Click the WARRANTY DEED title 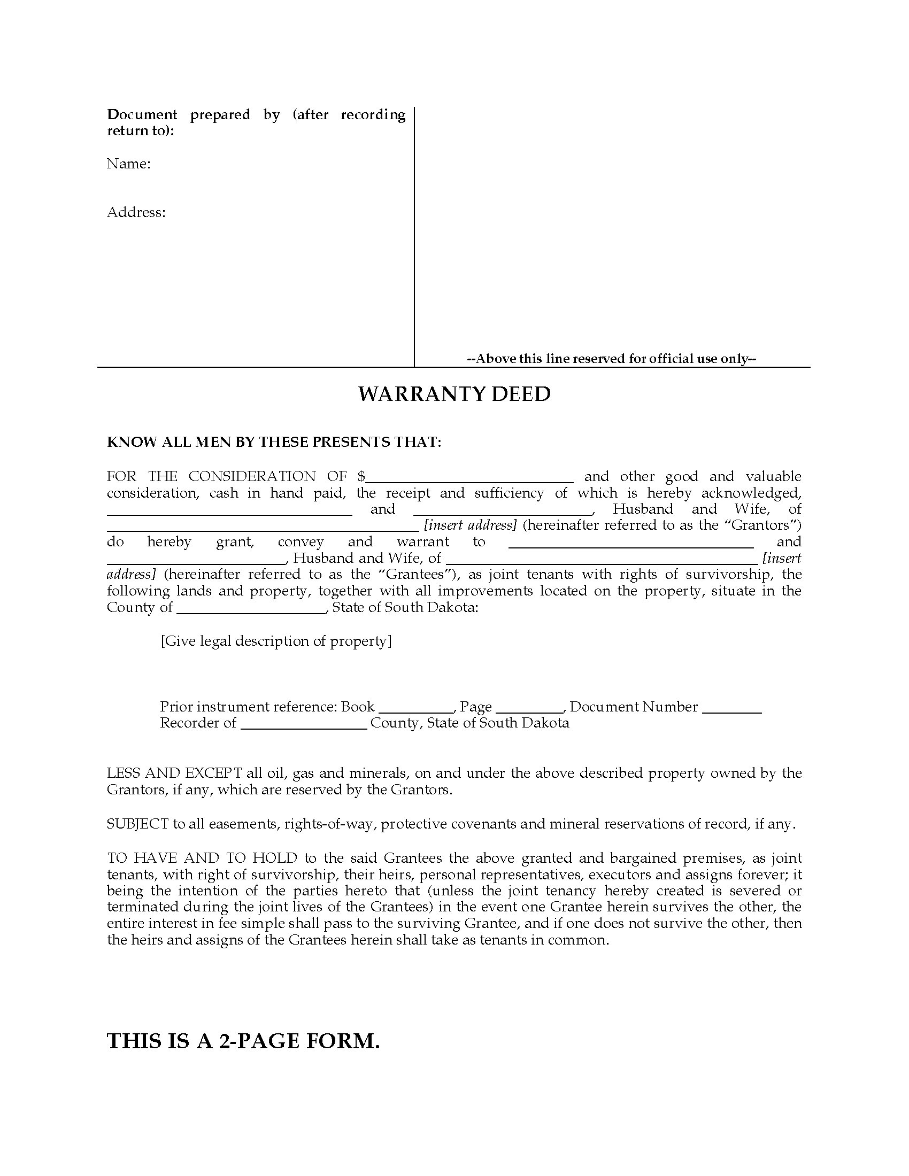click(x=454, y=394)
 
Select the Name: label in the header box click(x=128, y=164)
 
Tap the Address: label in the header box click(x=136, y=212)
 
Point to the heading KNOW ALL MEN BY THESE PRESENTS click(x=274, y=442)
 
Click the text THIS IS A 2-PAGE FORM click(x=243, y=1041)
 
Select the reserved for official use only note click(x=611, y=359)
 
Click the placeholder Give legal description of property click(x=276, y=641)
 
